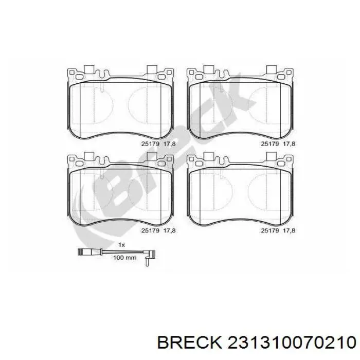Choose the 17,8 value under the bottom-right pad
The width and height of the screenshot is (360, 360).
289,231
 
